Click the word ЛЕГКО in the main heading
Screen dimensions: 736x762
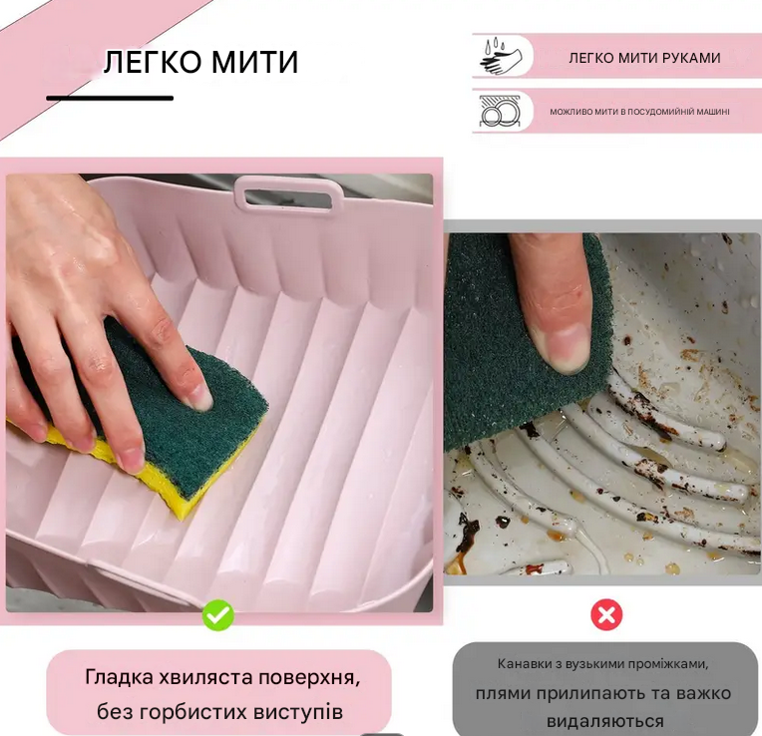coord(153,62)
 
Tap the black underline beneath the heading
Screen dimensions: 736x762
coord(110,98)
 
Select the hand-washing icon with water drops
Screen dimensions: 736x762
coord(499,57)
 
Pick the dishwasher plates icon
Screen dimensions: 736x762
coord(499,112)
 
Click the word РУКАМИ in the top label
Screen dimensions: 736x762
coord(688,58)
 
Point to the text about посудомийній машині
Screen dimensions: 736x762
coord(639,112)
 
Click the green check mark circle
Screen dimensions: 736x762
coord(217,615)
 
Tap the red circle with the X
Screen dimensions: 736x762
coord(606,615)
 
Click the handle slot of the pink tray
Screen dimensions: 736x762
coord(285,196)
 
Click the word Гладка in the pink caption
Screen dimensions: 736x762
coord(117,678)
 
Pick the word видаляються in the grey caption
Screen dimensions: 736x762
coord(605,720)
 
